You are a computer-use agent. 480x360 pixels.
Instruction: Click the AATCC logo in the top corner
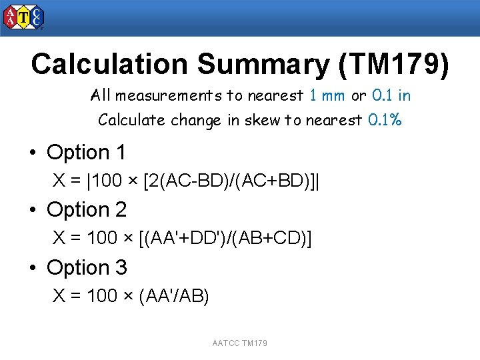(x=24, y=17)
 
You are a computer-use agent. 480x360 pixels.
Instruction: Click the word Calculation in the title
(x=110, y=64)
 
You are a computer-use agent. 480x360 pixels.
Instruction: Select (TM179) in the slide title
(x=394, y=64)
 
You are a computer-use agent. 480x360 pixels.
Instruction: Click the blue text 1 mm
(x=327, y=95)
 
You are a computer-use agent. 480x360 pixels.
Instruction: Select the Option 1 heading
(x=86, y=153)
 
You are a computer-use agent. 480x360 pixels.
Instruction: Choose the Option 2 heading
(x=86, y=210)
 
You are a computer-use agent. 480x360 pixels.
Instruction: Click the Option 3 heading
(x=86, y=267)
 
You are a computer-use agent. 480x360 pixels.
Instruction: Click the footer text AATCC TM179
(x=240, y=343)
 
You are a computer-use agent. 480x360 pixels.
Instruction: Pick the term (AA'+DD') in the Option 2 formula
(x=183, y=239)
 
